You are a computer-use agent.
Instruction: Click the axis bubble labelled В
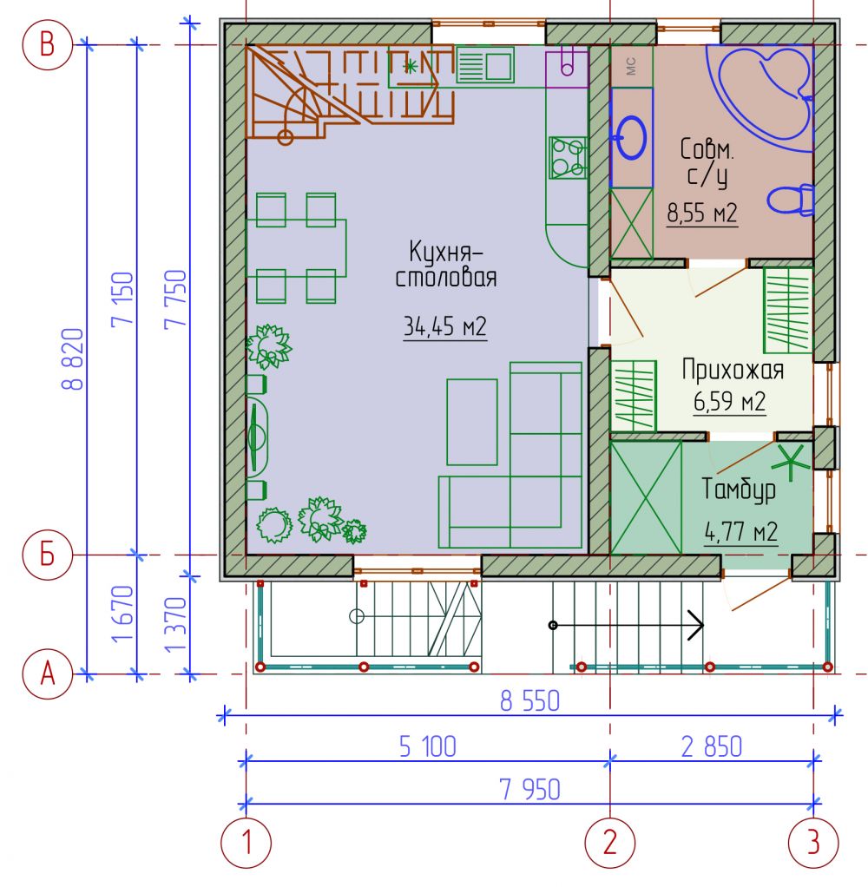pyautogui.click(x=48, y=44)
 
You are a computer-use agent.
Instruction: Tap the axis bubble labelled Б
pyautogui.click(x=48, y=555)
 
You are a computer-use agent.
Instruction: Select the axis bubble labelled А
pyautogui.click(x=48, y=673)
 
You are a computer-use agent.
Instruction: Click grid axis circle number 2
pyautogui.click(x=610, y=843)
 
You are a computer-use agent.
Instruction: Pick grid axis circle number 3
pyautogui.click(x=813, y=843)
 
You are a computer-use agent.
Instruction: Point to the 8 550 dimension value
pyautogui.click(x=529, y=701)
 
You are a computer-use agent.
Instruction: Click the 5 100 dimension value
pyautogui.click(x=427, y=746)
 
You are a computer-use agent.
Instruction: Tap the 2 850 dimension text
pyautogui.click(x=711, y=746)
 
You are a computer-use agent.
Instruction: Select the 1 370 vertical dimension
pyautogui.click(x=175, y=624)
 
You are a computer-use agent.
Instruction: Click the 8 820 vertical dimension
pyautogui.click(x=73, y=359)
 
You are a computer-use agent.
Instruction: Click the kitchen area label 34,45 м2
pyautogui.click(x=444, y=326)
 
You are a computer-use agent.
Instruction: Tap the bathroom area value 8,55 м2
pyautogui.click(x=701, y=214)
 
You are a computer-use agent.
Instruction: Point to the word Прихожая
pyautogui.click(x=733, y=370)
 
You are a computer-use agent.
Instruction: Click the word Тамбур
pyautogui.click(x=739, y=489)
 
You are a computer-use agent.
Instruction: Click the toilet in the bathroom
pyautogui.click(x=791, y=199)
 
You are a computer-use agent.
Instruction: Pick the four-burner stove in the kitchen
pyautogui.click(x=568, y=157)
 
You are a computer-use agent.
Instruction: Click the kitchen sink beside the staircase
pyautogui.click(x=485, y=66)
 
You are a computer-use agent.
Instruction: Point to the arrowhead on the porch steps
pyautogui.click(x=696, y=625)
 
